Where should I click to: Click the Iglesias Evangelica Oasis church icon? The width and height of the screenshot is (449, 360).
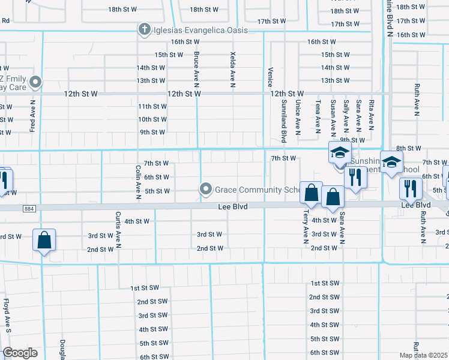pos(144,29)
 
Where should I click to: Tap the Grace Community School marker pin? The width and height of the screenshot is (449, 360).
pos(206,190)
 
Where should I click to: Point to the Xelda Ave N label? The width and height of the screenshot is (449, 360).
pos(232,70)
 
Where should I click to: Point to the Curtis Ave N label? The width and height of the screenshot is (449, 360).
pos(119,229)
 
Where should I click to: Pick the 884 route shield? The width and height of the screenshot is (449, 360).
pos(28,208)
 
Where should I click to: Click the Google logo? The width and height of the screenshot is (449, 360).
pos(20,353)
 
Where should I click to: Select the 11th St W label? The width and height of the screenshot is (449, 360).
pos(152,106)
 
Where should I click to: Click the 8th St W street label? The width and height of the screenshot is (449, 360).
pos(409,148)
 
